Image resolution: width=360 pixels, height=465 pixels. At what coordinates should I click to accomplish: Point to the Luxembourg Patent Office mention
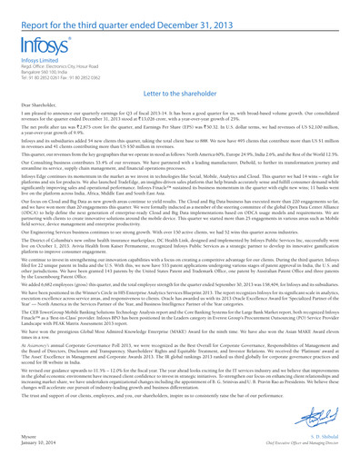54,323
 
